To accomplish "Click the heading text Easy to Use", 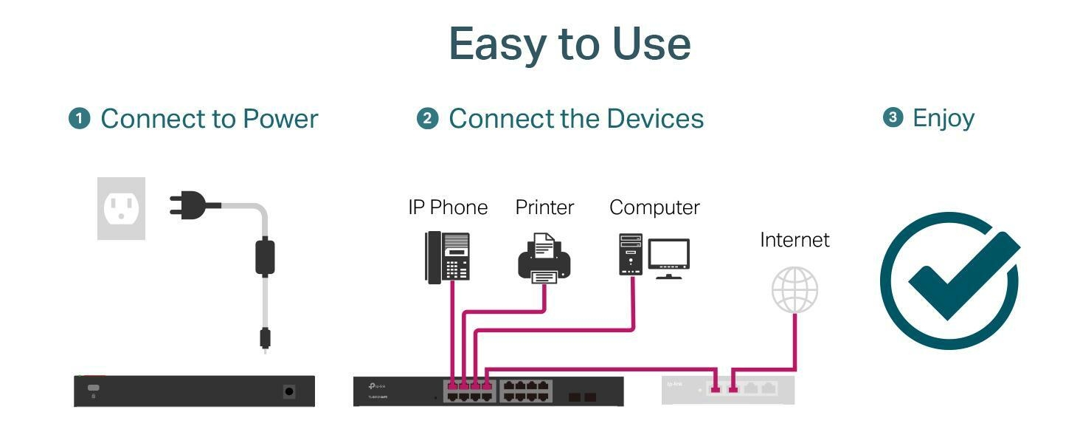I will point(569,44).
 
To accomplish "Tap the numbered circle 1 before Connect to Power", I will point(79,118).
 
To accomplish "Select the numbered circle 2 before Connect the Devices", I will point(427,118).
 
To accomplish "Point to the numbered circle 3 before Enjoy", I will point(893,117).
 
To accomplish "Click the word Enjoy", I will point(944,118).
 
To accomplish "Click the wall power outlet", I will point(121,208).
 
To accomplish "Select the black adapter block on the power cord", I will point(265,257).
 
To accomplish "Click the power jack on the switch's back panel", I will point(290,391).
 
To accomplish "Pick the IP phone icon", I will point(448,257).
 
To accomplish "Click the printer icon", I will point(544,258).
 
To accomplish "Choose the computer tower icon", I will point(631,255).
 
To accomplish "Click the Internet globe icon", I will point(795,289).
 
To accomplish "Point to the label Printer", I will point(544,207).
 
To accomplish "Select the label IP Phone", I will point(448,207).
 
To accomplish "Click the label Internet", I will point(795,240).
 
